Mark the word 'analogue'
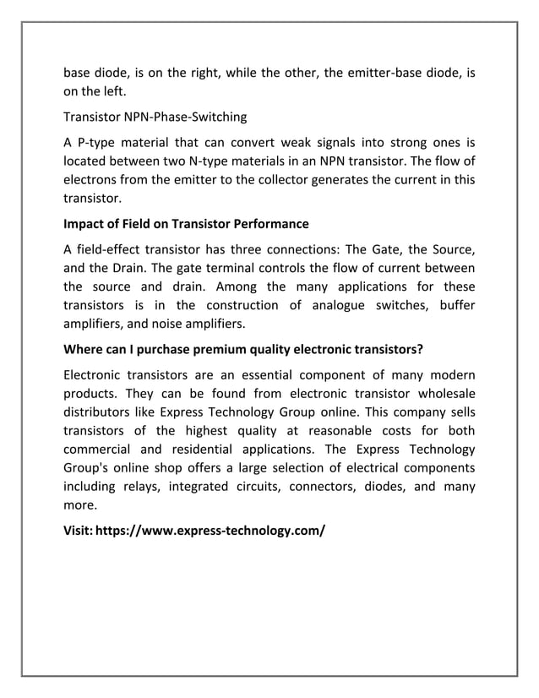pyautogui.click(x=332, y=305)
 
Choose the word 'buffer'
pyautogui.click(x=454, y=305)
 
